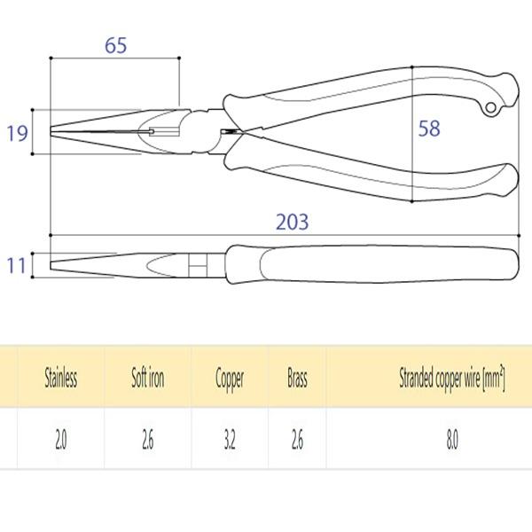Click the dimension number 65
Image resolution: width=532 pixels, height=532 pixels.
[x=115, y=45]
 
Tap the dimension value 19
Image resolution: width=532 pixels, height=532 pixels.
[x=18, y=133]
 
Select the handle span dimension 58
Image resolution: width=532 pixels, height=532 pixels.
[x=429, y=129]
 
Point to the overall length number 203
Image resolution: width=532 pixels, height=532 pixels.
[x=292, y=222]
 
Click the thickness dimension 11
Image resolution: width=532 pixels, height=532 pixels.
[x=16, y=266]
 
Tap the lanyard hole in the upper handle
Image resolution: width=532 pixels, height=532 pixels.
[x=490, y=108]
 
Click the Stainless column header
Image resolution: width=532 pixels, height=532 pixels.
[x=61, y=378]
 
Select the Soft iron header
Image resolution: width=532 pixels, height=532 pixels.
[x=148, y=378]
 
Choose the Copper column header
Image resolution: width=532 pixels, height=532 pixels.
[x=230, y=379]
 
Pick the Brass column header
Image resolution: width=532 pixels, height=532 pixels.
[x=297, y=378]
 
